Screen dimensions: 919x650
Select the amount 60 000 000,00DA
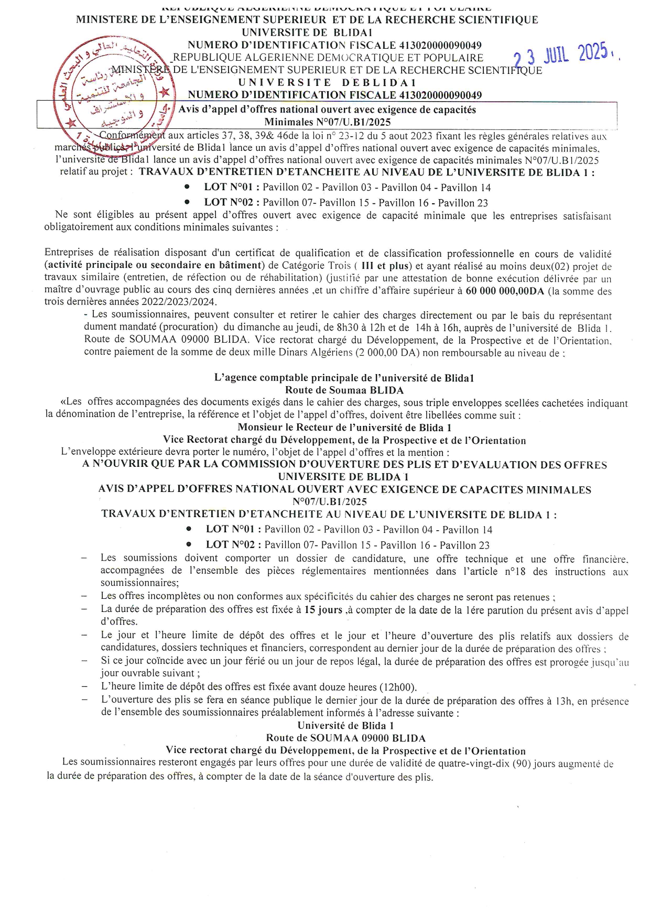[505, 291]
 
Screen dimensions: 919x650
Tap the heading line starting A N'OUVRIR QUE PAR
[344, 464]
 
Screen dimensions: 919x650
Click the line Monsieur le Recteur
[344, 427]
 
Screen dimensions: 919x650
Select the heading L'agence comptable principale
[344, 378]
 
